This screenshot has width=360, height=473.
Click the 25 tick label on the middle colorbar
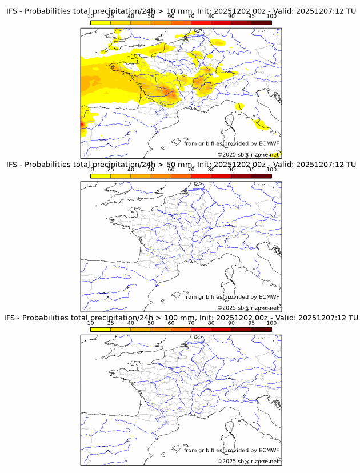point(110,170)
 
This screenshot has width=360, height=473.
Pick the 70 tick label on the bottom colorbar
point(191,323)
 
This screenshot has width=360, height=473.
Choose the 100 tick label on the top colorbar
point(271,17)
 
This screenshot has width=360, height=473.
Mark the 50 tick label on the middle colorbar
point(151,170)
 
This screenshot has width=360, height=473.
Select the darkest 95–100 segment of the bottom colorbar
point(261,329)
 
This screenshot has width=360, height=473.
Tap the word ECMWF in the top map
point(269,143)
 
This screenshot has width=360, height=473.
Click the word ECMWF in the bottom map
point(269,450)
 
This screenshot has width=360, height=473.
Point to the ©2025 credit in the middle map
point(227,308)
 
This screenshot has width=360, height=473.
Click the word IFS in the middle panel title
point(12,165)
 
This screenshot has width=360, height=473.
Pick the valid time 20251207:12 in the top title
point(318,11)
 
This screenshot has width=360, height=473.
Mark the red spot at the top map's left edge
point(82,123)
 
